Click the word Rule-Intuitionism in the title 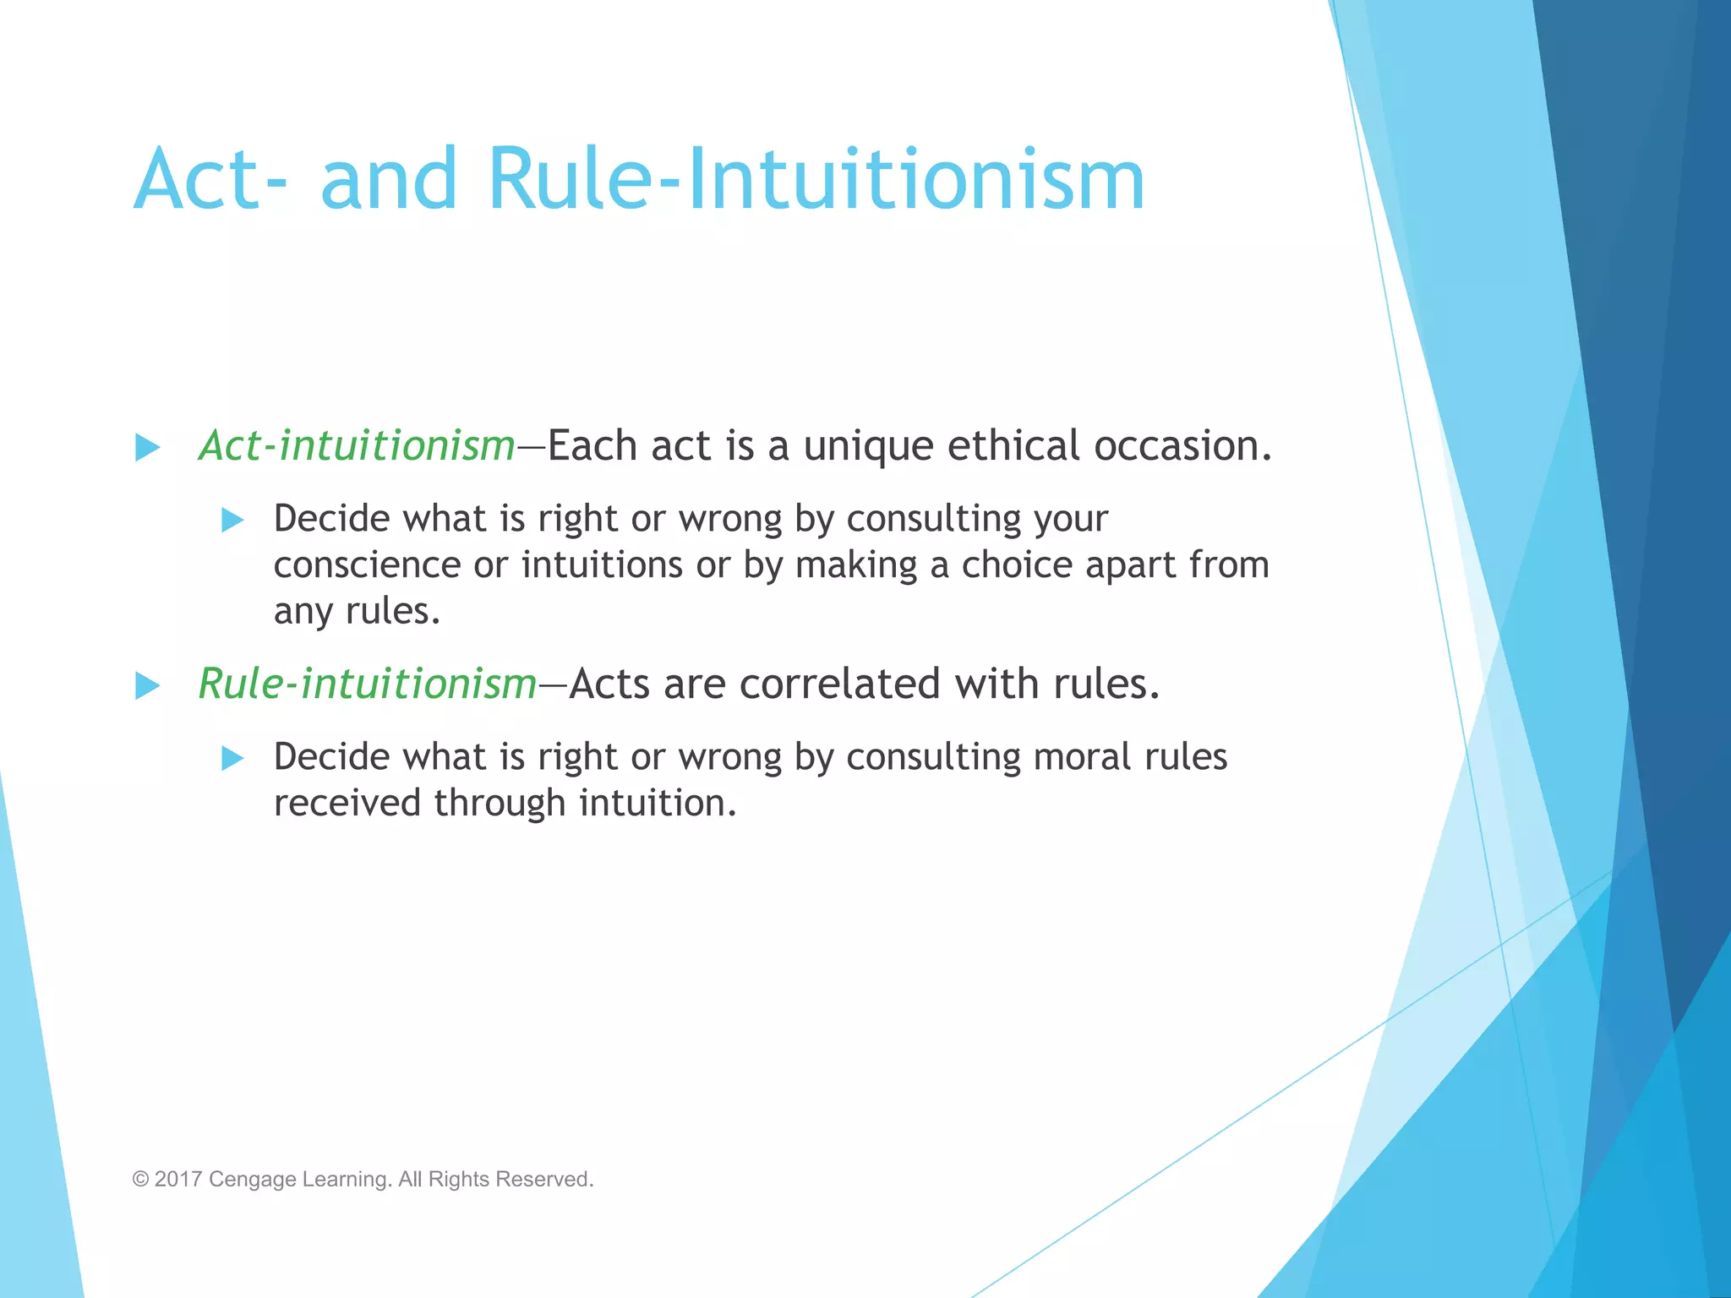pyautogui.click(x=816, y=179)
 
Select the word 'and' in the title pyautogui.click(x=389, y=179)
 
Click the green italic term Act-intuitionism pyautogui.click(x=357, y=445)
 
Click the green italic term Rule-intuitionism pyautogui.click(x=368, y=684)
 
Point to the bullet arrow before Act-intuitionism pyautogui.click(x=148, y=447)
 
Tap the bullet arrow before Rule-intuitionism pyautogui.click(x=148, y=685)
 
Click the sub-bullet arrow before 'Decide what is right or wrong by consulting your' pyautogui.click(x=232, y=520)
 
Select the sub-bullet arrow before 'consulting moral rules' pyautogui.click(x=232, y=758)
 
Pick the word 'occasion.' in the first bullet pyautogui.click(x=1182, y=445)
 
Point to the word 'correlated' pyautogui.click(x=839, y=684)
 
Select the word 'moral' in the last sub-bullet pyautogui.click(x=1082, y=756)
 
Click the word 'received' pyautogui.click(x=347, y=803)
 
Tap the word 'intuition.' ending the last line pyautogui.click(x=658, y=803)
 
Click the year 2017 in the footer pyautogui.click(x=178, y=1179)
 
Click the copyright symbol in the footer pyautogui.click(x=140, y=1179)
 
